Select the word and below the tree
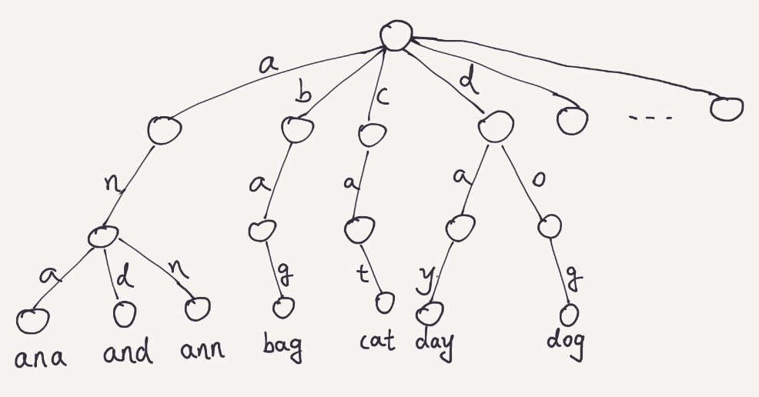pos(127,353)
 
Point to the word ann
pos(201,352)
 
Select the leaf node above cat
pos(383,303)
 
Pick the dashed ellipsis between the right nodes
pos(650,118)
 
